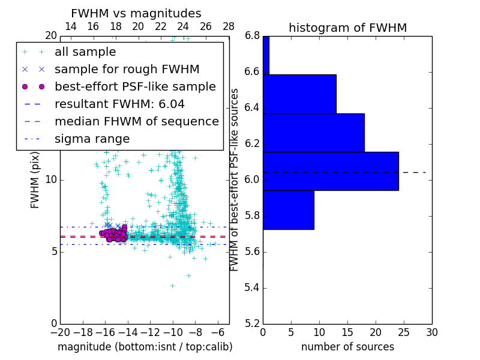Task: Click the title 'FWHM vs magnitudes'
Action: click(136, 13)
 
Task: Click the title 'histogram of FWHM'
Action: click(347, 28)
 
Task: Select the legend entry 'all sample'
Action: click(85, 52)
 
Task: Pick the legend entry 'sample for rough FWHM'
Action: click(127, 69)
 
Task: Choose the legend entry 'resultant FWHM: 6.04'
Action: click(119, 104)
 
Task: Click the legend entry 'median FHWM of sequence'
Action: click(136, 121)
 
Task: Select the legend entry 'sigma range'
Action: click(92, 139)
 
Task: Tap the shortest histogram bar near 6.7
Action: click(266, 55)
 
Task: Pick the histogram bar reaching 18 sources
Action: click(314, 133)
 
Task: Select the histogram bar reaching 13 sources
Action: click(299, 94)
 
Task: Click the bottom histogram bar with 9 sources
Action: click(289, 209)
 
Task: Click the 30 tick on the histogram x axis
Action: click(432, 332)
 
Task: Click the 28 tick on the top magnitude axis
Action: click(229, 26)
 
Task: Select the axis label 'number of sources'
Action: click(347, 347)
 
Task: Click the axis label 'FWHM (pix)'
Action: click(35, 179)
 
